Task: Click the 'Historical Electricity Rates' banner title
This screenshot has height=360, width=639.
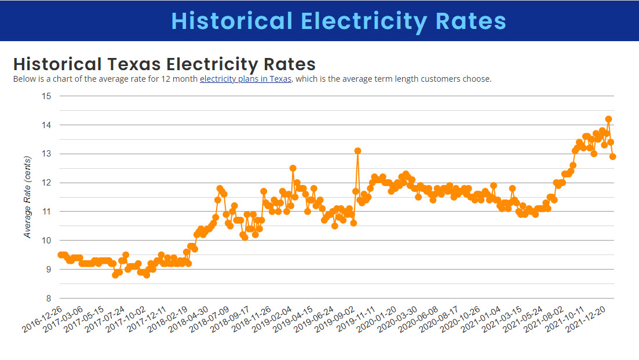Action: tap(339, 21)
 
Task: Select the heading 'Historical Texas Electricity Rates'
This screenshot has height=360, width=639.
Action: tap(164, 64)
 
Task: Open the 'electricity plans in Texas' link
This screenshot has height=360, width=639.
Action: tap(246, 79)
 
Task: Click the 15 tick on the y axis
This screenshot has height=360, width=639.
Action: tap(47, 96)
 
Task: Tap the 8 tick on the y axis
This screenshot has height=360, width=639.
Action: tap(49, 299)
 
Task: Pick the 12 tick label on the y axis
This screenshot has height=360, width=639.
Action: tap(47, 183)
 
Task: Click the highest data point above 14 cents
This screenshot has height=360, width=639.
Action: tap(608, 119)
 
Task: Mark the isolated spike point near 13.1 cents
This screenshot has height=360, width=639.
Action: tap(358, 151)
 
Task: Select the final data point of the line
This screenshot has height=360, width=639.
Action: tap(613, 157)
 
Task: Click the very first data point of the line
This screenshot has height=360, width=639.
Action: tap(60, 254)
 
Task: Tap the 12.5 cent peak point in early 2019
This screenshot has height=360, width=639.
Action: tap(293, 168)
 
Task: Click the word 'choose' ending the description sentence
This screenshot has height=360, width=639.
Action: tap(479, 79)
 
